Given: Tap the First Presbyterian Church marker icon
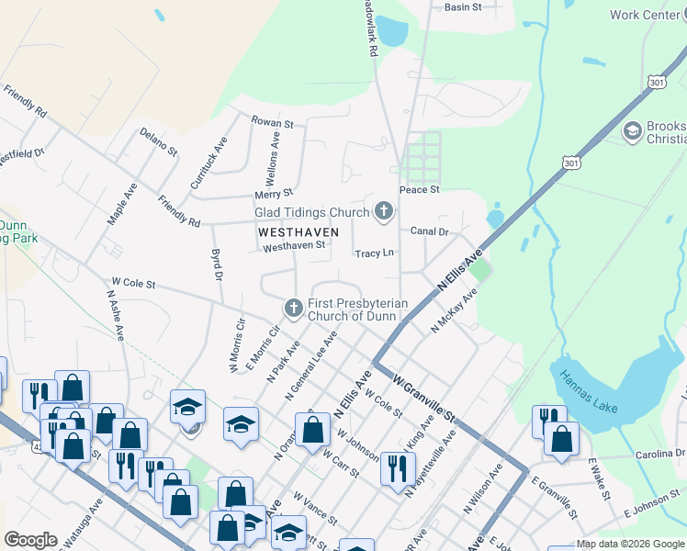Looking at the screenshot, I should [294, 308].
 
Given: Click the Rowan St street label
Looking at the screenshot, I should [272, 123].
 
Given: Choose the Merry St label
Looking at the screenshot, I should [275, 194].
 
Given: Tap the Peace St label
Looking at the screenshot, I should [420, 189].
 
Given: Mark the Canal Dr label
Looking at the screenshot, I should [429, 231].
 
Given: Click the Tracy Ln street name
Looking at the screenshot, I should [374, 253].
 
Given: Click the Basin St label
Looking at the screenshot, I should [463, 7].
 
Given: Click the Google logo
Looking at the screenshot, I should [30, 540].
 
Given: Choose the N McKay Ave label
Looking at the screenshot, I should [455, 311].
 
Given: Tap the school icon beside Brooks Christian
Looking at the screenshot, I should [632, 131].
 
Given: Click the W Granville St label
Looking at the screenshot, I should [423, 396].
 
